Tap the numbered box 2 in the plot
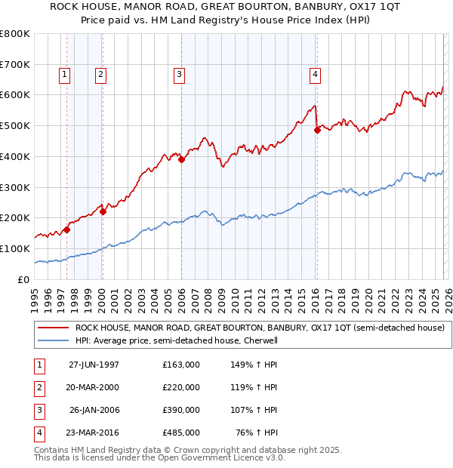coord(100,74)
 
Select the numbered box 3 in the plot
coord(179,74)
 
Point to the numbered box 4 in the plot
coord(314,74)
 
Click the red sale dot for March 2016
coord(317,131)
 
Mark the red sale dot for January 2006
coord(182,159)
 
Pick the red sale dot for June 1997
coord(67,229)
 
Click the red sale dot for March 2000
coord(103,211)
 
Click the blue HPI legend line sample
coord(53,340)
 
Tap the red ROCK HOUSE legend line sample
coord(53,328)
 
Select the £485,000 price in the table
coord(181,433)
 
